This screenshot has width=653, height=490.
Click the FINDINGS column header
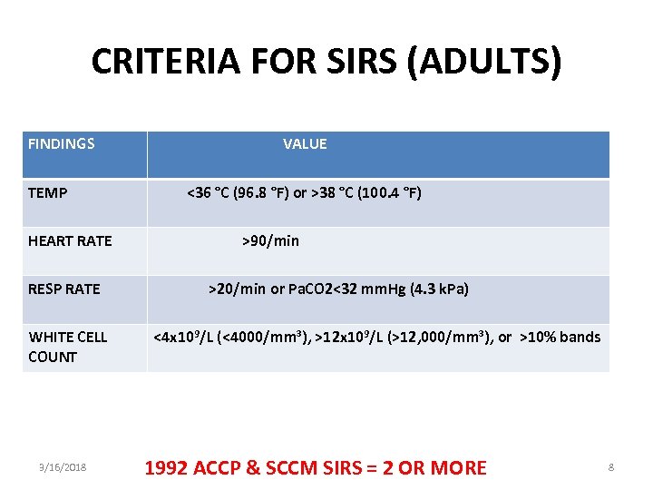click(x=62, y=143)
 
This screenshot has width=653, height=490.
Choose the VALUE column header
click(x=305, y=143)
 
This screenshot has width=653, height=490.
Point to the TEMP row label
click(x=47, y=193)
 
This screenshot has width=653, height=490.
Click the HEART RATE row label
click(x=70, y=240)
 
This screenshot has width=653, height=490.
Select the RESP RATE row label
click(x=64, y=289)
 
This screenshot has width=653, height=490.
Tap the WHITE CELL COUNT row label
click(x=68, y=347)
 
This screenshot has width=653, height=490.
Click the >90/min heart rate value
click(x=270, y=240)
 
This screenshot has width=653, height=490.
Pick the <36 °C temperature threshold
click(x=208, y=193)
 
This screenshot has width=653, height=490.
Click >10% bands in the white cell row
click(x=560, y=338)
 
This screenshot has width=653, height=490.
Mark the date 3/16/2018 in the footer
click(x=63, y=467)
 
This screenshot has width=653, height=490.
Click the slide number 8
click(x=611, y=467)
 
